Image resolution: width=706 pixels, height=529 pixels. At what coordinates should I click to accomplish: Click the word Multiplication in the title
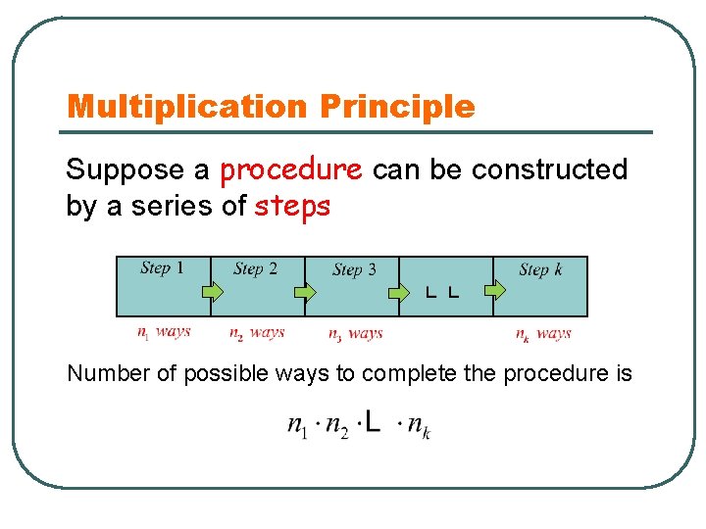[x=187, y=107]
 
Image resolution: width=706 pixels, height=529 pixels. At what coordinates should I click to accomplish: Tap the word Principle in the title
[x=397, y=107]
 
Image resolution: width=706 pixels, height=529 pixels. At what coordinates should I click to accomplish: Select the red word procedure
[x=291, y=170]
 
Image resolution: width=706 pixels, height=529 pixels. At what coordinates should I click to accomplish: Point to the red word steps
[x=292, y=207]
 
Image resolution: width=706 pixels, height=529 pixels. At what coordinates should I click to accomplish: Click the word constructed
[x=549, y=170]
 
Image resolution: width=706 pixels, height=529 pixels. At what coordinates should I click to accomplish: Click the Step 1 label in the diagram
[x=162, y=267]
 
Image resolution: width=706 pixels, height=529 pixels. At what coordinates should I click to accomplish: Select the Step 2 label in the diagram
[x=255, y=268]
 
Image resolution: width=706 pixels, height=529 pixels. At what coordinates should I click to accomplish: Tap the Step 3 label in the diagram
[x=354, y=269]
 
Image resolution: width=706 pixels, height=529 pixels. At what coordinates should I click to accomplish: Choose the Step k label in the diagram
[x=540, y=269]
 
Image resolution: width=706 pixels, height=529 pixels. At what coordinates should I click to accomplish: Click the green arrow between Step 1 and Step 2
[x=213, y=291]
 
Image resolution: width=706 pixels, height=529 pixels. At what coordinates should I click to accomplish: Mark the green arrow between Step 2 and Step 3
[x=306, y=291]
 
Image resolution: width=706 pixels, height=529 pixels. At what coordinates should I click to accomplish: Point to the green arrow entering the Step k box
[x=496, y=289]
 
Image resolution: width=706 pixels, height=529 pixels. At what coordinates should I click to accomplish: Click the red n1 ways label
[x=164, y=332]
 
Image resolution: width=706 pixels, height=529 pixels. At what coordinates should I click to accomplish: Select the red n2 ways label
[x=257, y=333]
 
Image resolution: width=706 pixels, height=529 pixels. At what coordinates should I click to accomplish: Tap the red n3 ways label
[x=355, y=334]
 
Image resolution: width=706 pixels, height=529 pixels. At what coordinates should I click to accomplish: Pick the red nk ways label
[x=543, y=334]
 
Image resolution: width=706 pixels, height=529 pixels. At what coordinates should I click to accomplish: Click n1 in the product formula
[x=298, y=425]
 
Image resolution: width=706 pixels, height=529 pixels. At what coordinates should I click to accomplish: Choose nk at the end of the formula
[x=419, y=426]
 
